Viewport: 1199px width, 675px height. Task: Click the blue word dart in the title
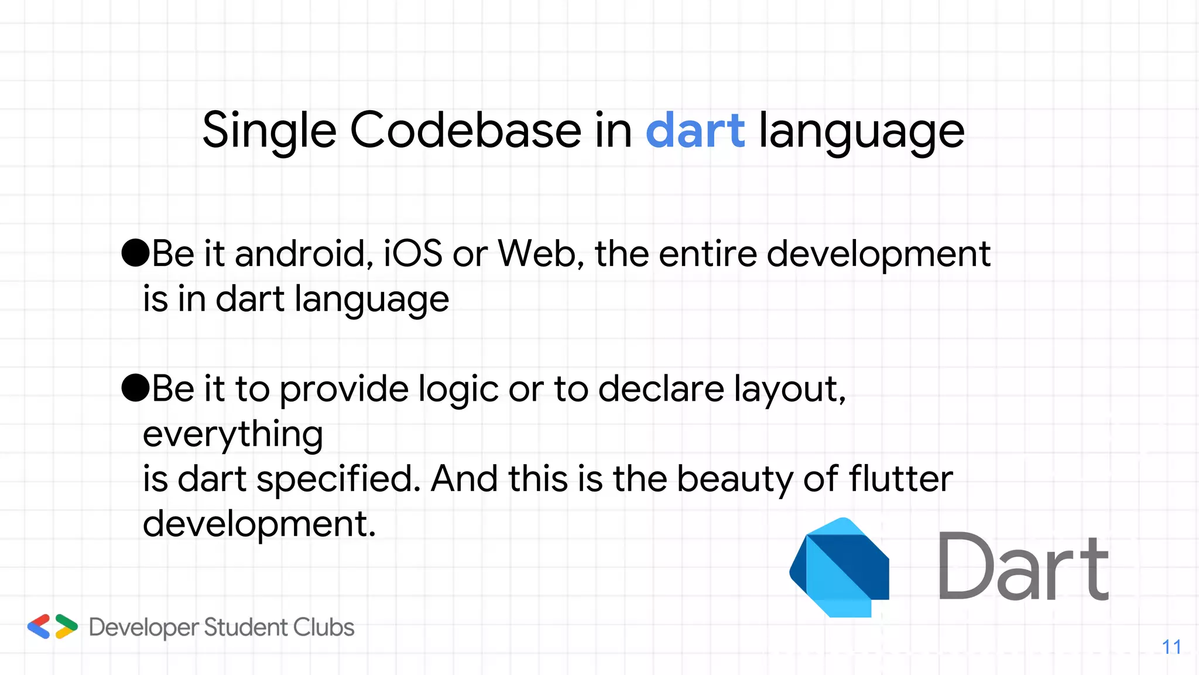[695, 130]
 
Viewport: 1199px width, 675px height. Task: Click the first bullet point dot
[135, 253]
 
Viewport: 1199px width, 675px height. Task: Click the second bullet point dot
[135, 388]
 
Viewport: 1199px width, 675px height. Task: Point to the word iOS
[413, 254]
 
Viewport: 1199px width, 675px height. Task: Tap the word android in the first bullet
[304, 254]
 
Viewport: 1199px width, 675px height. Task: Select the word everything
[232, 435]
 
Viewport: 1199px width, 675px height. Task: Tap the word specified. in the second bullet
[338, 480]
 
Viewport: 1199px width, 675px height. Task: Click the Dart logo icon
[840, 567]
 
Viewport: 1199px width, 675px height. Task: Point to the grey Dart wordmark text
[1023, 567]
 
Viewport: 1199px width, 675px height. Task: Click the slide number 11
[1171, 647]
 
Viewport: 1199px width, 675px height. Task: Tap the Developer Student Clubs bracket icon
[53, 626]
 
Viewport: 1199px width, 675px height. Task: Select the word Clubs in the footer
[324, 628]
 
